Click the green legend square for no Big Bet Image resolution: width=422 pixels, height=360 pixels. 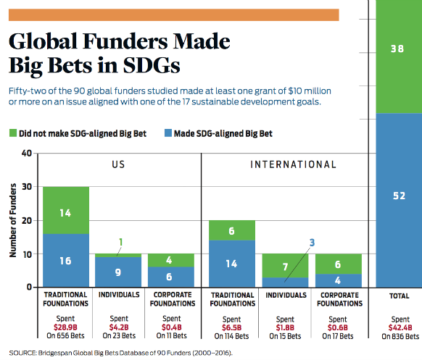(x=13, y=133)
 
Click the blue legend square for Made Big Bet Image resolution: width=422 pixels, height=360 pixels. (x=168, y=133)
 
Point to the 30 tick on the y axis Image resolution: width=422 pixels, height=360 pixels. (x=27, y=187)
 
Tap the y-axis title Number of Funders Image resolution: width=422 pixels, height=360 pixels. (x=12, y=220)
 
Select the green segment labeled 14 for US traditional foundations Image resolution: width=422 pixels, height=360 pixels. (x=66, y=210)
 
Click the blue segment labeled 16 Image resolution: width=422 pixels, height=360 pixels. (x=66, y=260)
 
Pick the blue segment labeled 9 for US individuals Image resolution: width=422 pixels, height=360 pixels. (x=118, y=272)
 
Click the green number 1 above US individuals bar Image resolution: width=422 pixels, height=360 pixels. (x=121, y=242)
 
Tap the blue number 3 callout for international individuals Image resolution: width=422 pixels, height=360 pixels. (x=312, y=243)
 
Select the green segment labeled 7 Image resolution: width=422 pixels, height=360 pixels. (x=285, y=266)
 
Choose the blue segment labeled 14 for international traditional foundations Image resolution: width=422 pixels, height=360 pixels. (x=232, y=264)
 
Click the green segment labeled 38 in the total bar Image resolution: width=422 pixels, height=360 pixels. (x=399, y=56)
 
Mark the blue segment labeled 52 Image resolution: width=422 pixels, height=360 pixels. (x=399, y=201)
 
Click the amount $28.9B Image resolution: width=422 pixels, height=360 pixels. (x=65, y=327)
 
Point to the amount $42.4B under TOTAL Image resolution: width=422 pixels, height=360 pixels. (x=400, y=327)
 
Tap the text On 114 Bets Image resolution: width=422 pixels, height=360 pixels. (x=231, y=336)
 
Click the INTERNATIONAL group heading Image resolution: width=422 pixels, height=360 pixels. (x=293, y=164)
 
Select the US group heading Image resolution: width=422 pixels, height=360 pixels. (x=118, y=164)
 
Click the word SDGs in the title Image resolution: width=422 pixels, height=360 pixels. (x=152, y=65)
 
